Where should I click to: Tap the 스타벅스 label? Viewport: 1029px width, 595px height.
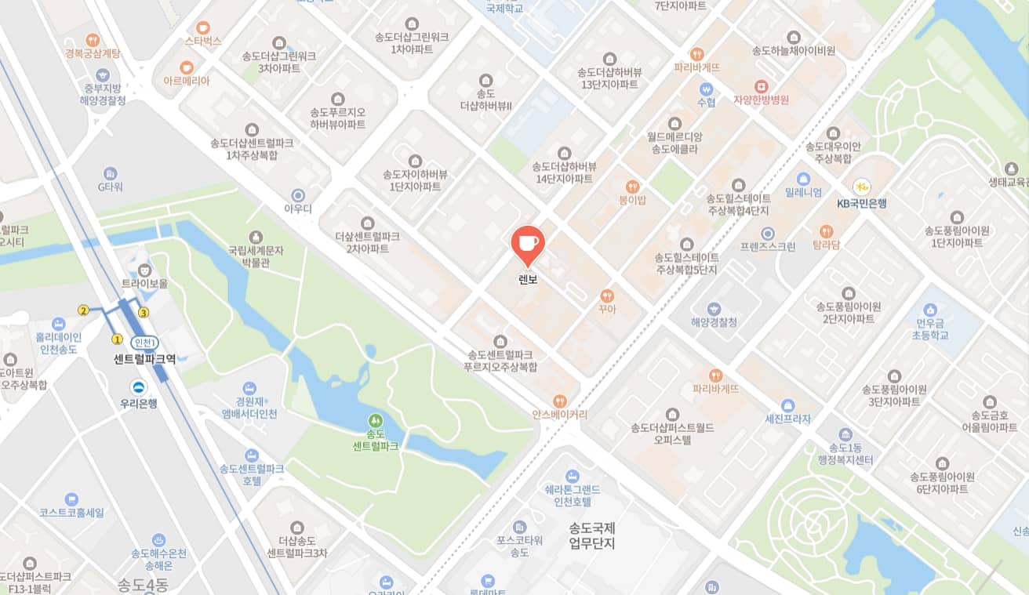click(203, 41)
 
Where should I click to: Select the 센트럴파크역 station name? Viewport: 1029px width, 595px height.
click(144, 360)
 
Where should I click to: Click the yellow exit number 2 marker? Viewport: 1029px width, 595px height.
click(83, 310)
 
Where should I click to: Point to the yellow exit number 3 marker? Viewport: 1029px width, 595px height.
click(144, 313)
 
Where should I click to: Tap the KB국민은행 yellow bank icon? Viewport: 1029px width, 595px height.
click(861, 187)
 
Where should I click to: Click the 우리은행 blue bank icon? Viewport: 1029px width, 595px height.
click(139, 386)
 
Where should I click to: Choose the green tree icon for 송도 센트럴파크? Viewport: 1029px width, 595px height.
click(376, 421)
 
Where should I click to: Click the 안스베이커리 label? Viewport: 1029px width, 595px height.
click(559, 414)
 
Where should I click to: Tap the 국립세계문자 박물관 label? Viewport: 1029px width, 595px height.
click(256, 257)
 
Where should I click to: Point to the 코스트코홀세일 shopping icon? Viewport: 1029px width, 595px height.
click(71, 499)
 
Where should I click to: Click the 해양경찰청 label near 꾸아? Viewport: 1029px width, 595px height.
click(714, 322)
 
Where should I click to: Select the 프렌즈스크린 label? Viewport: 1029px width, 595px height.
click(768, 246)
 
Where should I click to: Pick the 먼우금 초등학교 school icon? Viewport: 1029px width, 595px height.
click(931, 310)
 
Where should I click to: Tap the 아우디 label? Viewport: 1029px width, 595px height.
click(298, 209)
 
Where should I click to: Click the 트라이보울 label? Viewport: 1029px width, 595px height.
click(144, 283)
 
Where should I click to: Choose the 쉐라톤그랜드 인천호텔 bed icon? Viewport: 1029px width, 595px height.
click(573, 476)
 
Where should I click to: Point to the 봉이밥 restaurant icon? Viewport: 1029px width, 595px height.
click(632, 187)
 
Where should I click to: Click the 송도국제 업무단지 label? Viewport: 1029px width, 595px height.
click(592, 535)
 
